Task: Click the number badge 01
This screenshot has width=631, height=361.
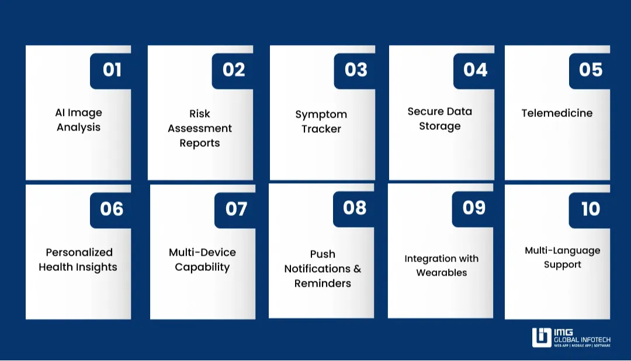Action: (x=111, y=70)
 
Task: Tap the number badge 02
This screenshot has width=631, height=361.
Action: (x=233, y=70)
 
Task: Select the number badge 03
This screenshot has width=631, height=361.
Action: (x=355, y=70)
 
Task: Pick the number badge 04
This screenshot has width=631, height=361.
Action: (x=474, y=70)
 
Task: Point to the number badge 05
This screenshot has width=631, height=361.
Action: (x=590, y=70)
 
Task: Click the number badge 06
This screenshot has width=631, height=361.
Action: (x=111, y=209)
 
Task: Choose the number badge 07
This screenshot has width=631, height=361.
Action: (x=235, y=209)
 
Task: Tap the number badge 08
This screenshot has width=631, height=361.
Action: (x=354, y=208)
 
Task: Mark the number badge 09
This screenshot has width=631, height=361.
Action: (x=473, y=208)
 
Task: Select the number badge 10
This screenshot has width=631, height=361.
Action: (x=590, y=209)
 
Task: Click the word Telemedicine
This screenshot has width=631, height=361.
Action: (x=557, y=113)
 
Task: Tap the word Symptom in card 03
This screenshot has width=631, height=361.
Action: (x=321, y=114)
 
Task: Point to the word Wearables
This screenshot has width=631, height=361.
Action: (x=441, y=273)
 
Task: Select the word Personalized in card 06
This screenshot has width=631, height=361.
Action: (x=79, y=252)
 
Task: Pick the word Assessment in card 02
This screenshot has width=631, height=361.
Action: (x=200, y=128)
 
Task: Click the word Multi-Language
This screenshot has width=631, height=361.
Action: (x=562, y=250)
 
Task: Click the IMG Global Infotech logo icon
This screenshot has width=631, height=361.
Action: (x=541, y=338)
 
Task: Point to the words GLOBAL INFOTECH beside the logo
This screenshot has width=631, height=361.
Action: (x=582, y=339)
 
